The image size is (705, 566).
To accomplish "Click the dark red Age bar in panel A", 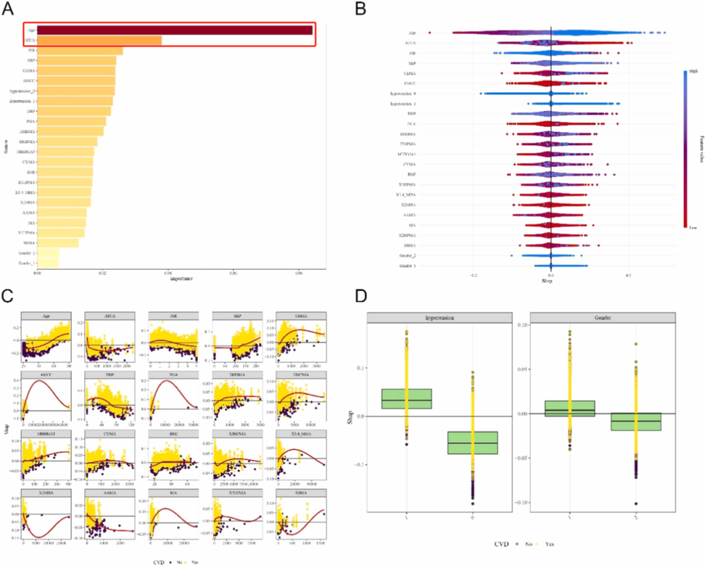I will point(174,30).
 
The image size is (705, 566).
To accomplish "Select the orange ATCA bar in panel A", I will point(99,41).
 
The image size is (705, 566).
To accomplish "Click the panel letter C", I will point(8,294).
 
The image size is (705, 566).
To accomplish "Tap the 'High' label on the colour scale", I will point(691,74).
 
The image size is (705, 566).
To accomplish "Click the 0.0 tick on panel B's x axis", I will point(551,276).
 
